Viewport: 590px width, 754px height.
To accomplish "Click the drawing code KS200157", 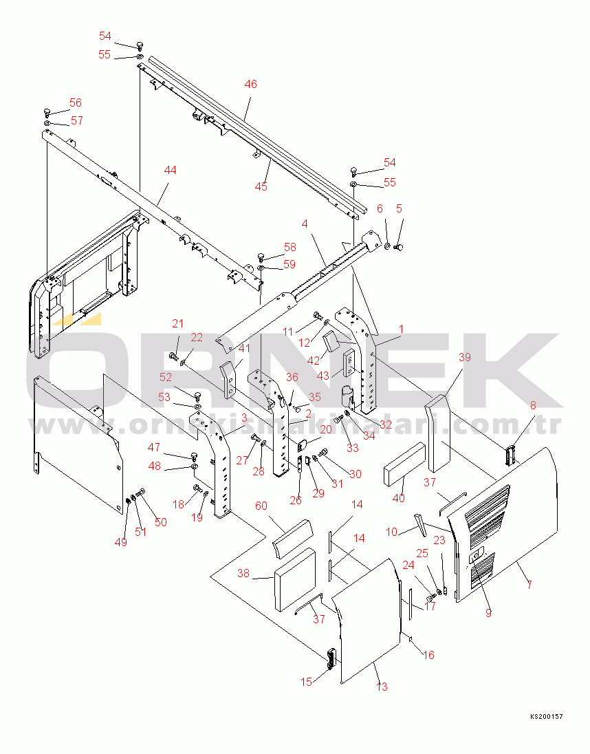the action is (x=546, y=716).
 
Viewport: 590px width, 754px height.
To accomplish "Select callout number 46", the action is (x=251, y=84).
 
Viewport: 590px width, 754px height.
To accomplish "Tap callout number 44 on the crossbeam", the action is (x=170, y=170).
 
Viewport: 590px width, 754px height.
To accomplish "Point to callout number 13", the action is (x=382, y=687).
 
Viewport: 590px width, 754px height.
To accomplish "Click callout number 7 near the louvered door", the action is (x=529, y=585).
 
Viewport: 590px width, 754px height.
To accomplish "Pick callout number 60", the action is (x=261, y=506).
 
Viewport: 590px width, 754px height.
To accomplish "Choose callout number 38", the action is (x=243, y=573).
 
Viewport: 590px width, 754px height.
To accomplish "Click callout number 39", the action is (x=465, y=357).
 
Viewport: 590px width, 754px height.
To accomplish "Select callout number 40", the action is (x=399, y=498).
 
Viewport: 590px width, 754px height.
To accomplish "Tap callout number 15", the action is (x=307, y=681).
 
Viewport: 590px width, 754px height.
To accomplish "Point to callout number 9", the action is (x=489, y=612).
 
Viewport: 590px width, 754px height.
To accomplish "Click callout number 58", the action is (x=290, y=247).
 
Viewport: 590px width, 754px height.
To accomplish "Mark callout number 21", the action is (x=178, y=323).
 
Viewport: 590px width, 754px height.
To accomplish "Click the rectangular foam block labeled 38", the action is (x=294, y=579).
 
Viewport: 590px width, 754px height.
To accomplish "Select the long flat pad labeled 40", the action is (x=404, y=462).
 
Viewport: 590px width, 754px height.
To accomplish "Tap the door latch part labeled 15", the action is (x=331, y=658).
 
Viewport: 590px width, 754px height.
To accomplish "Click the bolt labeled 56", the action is (x=47, y=112).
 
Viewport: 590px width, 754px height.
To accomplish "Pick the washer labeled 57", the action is (x=47, y=124).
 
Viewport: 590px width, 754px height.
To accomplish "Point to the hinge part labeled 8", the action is (x=510, y=455).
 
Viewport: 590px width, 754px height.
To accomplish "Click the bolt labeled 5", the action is (x=398, y=247).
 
